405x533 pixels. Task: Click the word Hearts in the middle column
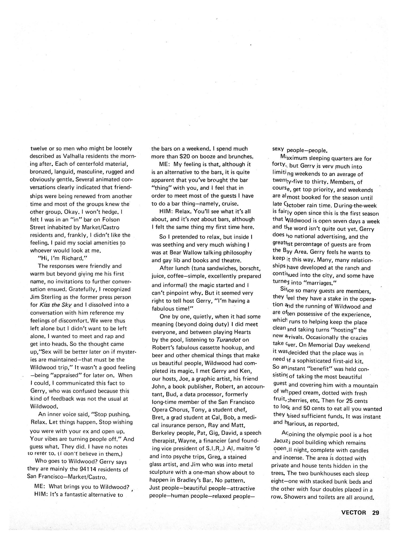click(241, 332)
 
